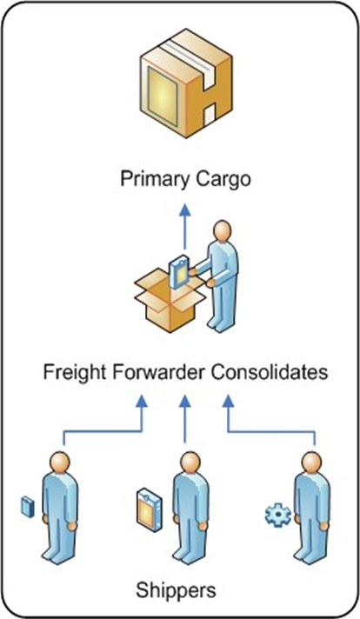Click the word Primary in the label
pyautogui.click(x=155, y=179)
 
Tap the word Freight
pyautogui.click(x=74, y=372)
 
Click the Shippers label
pyautogui.click(x=176, y=590)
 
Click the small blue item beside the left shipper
pyautogui.click(x=27, y=507)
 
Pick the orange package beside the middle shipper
pyautogui.click(x=149, y=509)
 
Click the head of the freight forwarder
pyautogui.click(x=223, y=231)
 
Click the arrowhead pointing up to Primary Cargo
pyautogui.click(x=184, y=210)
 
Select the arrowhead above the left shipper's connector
pyautogui.click(x=142, y=402)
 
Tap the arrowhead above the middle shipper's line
pyautogui.click(x=184, y=402)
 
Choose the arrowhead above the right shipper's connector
pyautogui.click(x=228, y=402)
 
